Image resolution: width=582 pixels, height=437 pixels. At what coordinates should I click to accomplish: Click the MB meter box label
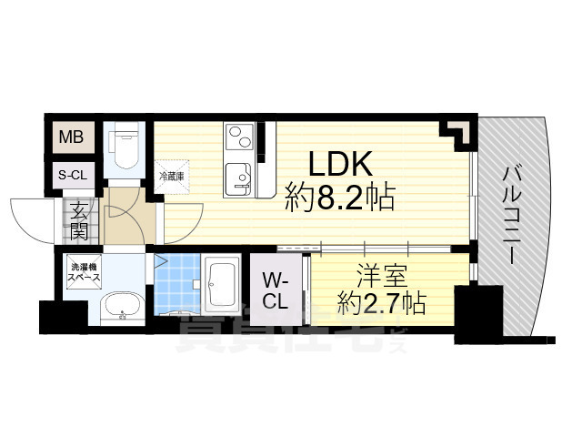pos(71,138)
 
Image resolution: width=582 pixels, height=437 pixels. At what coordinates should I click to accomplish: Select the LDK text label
pos(339,165)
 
